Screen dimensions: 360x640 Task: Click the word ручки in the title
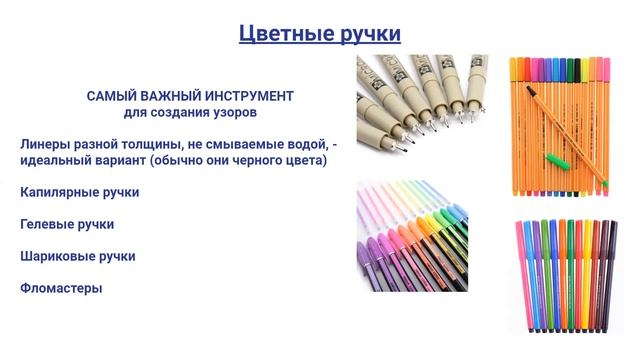click(366, 34)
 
